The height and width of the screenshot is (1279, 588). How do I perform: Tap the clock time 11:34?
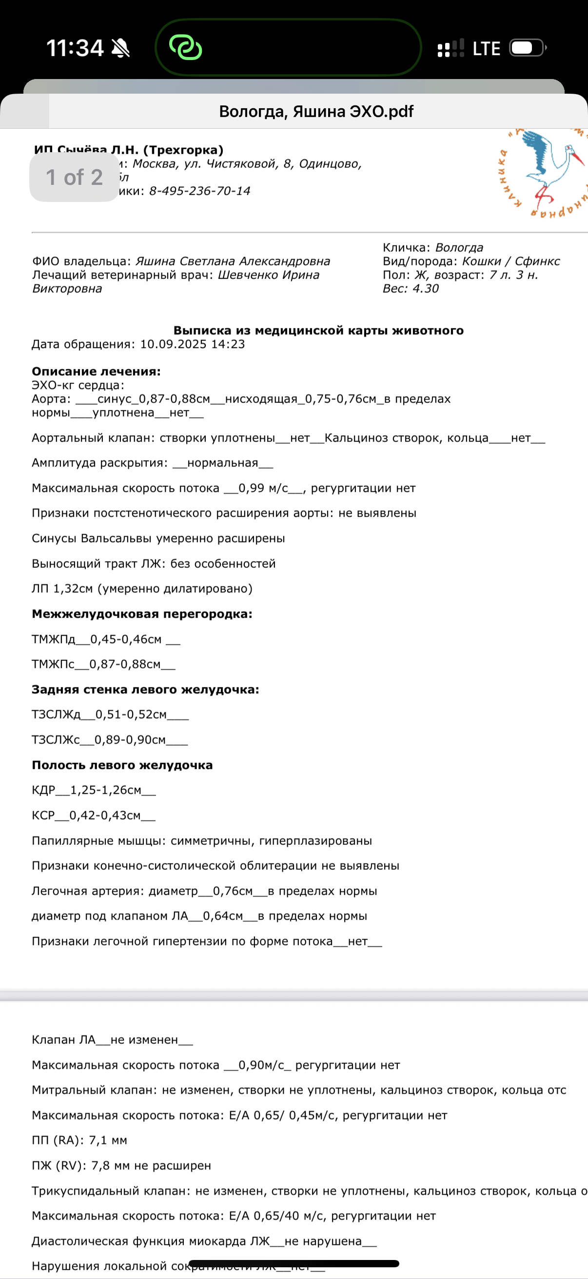tap(75, 48)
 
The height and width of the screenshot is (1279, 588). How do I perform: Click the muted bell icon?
tap(120, 48)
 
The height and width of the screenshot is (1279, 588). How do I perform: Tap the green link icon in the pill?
tap(186, 48)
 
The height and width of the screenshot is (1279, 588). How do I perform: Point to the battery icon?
tap(528, 48)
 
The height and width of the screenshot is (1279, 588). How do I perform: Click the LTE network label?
tap(486, 49)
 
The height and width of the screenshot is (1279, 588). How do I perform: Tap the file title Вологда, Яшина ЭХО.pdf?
tap(316, 111)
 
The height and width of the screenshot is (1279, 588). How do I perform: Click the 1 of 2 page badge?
tap(75, 177)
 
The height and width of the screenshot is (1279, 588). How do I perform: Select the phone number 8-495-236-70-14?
tap(199, 191)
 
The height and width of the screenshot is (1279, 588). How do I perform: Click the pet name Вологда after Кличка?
tap(459, 247)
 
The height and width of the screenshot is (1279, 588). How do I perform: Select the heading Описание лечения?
tap(96, 371)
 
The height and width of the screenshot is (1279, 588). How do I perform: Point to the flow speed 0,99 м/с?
tap(263, 488)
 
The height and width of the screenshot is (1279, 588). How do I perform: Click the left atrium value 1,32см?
tap(73, 588)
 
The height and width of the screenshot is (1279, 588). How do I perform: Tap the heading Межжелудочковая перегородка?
tap(142, 614)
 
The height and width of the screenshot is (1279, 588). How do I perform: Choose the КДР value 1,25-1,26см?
tap(106, 790)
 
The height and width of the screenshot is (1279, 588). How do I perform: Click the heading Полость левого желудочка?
tap(122, 765)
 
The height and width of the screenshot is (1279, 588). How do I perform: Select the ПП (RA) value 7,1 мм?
tap(108, 1140)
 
